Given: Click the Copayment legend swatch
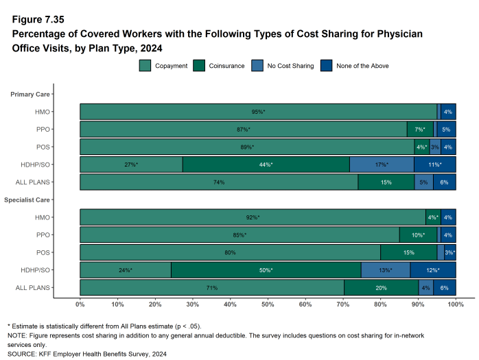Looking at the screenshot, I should pos(145,66).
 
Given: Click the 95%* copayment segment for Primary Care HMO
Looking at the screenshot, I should pos(258,112).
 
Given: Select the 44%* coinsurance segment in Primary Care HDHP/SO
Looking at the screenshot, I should pos(266,165).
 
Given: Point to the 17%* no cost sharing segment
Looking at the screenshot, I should pos(382,165).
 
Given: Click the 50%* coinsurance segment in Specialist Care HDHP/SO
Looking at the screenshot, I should pos(266,270).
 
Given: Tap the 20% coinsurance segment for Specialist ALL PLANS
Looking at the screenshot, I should pos(381,288).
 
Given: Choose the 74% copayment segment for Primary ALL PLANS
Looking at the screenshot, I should pos(219,182).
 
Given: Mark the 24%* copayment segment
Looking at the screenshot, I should pos(126,270).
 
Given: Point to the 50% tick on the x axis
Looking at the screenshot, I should pos(268,304).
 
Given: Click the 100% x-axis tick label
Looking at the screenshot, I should pos(456,304).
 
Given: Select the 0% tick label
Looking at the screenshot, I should pos(80,304).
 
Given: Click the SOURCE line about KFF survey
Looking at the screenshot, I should pos(86,354).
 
